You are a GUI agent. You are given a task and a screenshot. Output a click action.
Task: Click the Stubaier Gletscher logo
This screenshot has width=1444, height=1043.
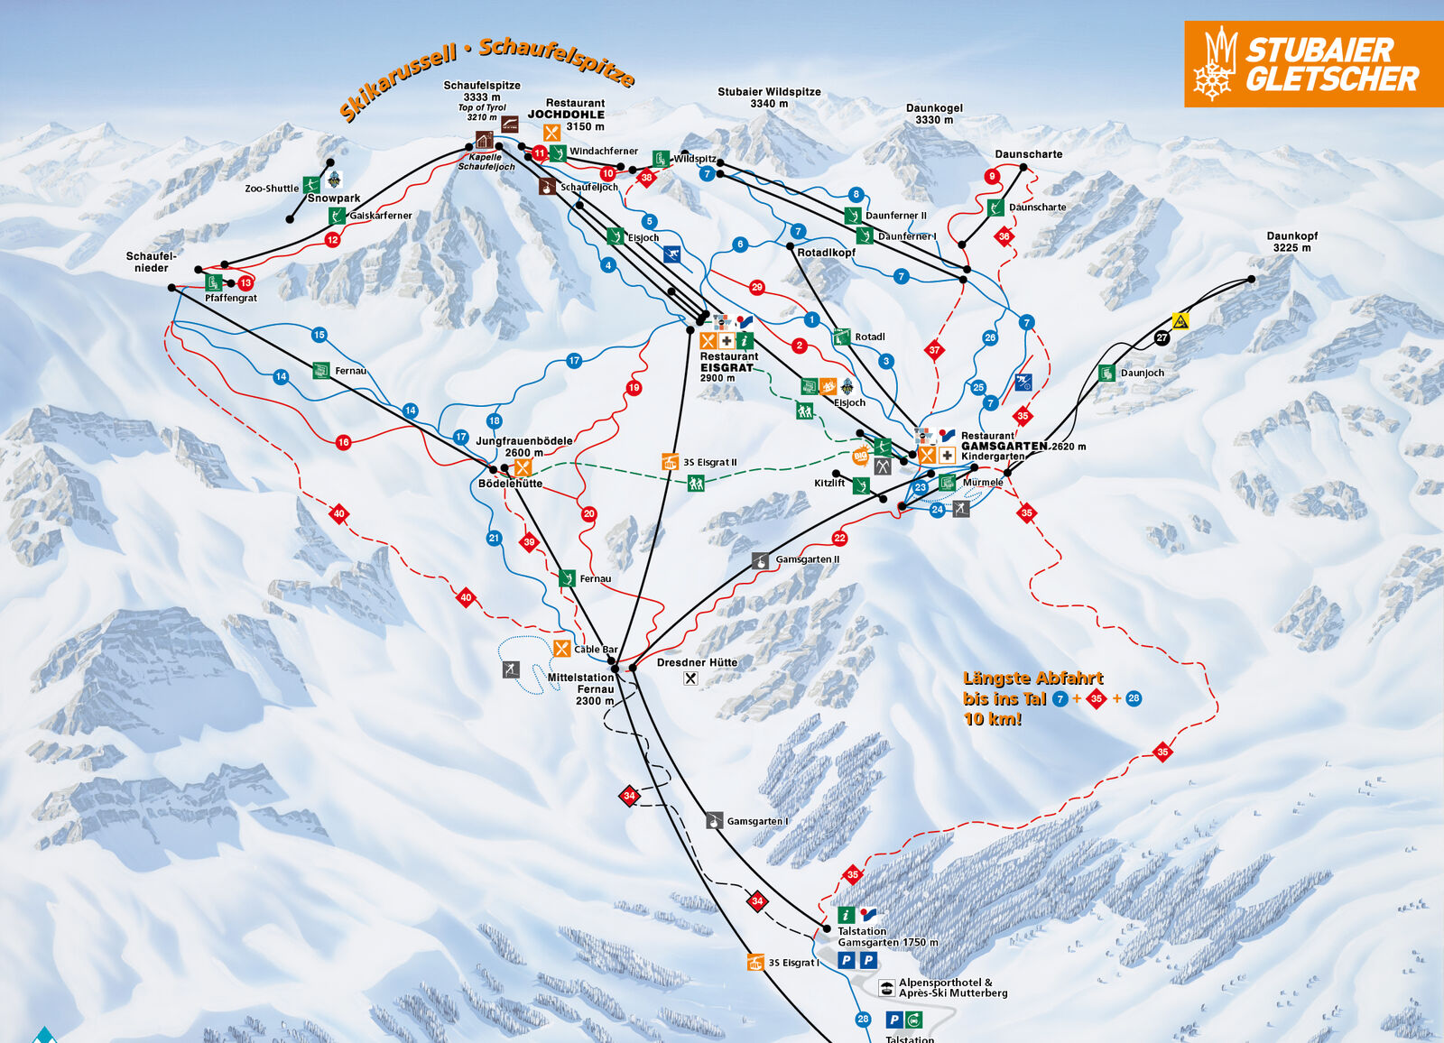tap(1313, 64)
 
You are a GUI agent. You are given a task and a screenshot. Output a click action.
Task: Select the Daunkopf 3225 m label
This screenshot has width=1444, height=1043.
tap(1291, 242)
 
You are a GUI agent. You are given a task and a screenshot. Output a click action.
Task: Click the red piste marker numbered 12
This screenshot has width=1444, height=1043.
tap(333, 239)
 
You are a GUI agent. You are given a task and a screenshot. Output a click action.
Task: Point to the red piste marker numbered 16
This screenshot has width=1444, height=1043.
tap(343, 442)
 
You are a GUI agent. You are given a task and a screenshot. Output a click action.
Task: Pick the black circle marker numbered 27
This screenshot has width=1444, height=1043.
tap(1162, 337)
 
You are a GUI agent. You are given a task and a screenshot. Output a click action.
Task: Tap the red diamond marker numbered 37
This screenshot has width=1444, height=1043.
tap(934, 350)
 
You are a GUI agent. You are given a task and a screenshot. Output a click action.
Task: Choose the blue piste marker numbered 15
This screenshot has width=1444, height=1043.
tap(319, 335)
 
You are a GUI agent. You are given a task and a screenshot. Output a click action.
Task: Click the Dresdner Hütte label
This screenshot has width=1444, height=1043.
tap(697, 662)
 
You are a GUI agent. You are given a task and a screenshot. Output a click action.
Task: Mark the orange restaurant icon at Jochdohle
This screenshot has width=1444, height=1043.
tap(551, 133)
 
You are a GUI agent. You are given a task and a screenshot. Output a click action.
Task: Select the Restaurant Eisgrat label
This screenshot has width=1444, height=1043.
tap(727, 363)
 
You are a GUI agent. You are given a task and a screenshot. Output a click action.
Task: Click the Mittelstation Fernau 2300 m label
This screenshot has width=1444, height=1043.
tap(582, 688)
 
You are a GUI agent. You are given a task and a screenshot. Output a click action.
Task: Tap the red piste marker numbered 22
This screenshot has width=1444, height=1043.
tap(839, 538)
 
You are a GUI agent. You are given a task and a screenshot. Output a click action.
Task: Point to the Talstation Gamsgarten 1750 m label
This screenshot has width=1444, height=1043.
tap(887, 937)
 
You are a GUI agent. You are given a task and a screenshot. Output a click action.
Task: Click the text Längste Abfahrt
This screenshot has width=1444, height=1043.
tap(1032, 678)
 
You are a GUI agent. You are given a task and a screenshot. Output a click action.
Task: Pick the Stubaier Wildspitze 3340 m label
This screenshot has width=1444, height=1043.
tap(769, 97)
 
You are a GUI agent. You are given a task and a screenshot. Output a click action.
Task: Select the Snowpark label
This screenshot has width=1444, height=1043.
tap(334, 198)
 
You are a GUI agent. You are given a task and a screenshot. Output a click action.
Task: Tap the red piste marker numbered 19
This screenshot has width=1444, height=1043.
tap(634, 387)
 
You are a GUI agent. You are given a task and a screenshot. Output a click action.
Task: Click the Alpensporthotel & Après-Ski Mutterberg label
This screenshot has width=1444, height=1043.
tap(952, 987)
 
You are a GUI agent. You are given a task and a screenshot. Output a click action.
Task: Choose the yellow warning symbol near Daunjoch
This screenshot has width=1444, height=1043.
tap(1180, 320)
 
